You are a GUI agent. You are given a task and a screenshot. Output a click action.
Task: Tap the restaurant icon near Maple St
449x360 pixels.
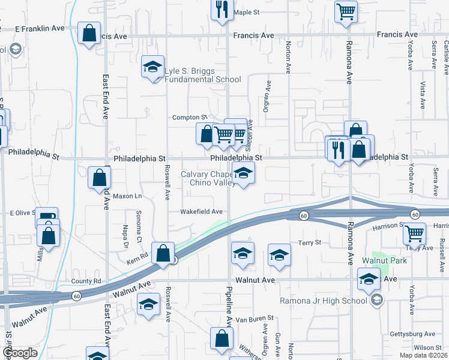[221, 9]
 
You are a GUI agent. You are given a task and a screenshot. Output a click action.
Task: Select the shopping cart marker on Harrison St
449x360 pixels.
[414, 234]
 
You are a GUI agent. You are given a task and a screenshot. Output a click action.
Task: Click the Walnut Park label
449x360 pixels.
[384, 260]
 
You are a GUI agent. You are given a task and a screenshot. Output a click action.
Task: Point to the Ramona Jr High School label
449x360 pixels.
[323, 301]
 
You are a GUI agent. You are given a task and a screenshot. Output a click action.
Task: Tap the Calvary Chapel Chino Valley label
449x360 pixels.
[207, 178]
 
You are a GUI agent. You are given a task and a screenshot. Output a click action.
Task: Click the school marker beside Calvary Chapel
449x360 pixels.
[243, 175]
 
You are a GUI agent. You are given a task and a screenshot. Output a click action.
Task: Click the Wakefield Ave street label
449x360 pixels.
[202, 211]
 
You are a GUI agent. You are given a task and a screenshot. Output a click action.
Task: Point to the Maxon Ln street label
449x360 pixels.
[127, 196]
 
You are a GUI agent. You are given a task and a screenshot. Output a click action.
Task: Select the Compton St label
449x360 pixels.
[190, 117]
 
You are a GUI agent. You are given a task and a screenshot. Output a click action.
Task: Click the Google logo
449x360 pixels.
[19, 353]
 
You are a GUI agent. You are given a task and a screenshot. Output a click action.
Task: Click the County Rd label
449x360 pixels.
[86, 281]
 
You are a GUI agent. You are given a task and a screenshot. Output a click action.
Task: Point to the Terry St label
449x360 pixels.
[310, 242]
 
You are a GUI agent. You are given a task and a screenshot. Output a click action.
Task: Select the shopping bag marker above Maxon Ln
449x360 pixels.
[99, 178]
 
